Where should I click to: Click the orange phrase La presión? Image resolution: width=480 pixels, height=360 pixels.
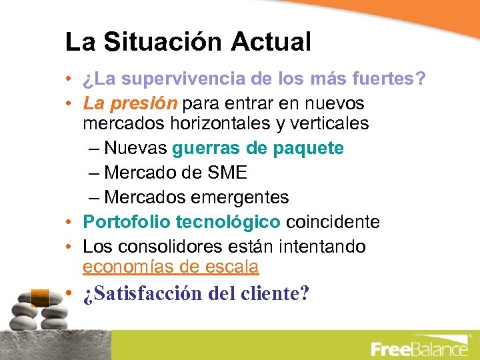click(x=130, y=104)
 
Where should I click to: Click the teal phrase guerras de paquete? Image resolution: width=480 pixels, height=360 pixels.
click(x=258, y=148)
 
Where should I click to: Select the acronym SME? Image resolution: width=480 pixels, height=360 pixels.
click(x=227, y=173)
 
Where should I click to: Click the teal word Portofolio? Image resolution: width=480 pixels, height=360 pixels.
click(x=127, y=222)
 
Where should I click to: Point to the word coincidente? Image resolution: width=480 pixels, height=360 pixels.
click(x=333, y=222)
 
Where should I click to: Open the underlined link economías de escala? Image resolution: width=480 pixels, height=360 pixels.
click(x=171, y=267)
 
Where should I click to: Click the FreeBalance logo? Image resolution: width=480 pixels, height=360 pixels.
click(x=419, y=347)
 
